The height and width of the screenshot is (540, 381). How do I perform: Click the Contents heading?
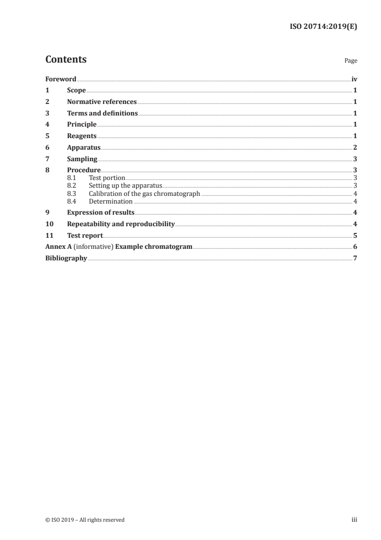click(x=66, y=60)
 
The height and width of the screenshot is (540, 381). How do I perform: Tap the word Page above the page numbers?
click(x=351, y=61)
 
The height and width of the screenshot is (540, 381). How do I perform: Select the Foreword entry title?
click(x=61, y=79)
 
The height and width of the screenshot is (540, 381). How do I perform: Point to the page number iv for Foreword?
click(x=354, y=79)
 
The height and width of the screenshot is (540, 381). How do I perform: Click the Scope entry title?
click(x=76, y=90)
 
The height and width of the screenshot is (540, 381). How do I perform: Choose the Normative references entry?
click(x=102, y=102)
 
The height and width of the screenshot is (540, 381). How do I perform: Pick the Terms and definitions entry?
click(x=102, y=114)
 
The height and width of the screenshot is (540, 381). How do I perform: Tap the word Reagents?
click(x=82, y=136)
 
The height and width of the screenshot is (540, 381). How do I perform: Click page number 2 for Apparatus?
click(x=355, y=148)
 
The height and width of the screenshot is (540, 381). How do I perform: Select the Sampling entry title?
click(x=82, y=159)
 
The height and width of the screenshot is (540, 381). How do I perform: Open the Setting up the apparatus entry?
click(x=125, y=185)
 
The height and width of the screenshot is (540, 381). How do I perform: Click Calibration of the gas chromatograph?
click(x=144, y=193)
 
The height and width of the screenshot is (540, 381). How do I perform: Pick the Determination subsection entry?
click(x=111, y=202)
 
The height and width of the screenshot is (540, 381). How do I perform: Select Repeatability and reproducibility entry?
click(x=121, y=224)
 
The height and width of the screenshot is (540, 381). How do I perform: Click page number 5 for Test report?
click(x=355, y=236)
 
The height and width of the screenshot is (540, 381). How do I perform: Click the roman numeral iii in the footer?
click(x=354, y=520)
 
